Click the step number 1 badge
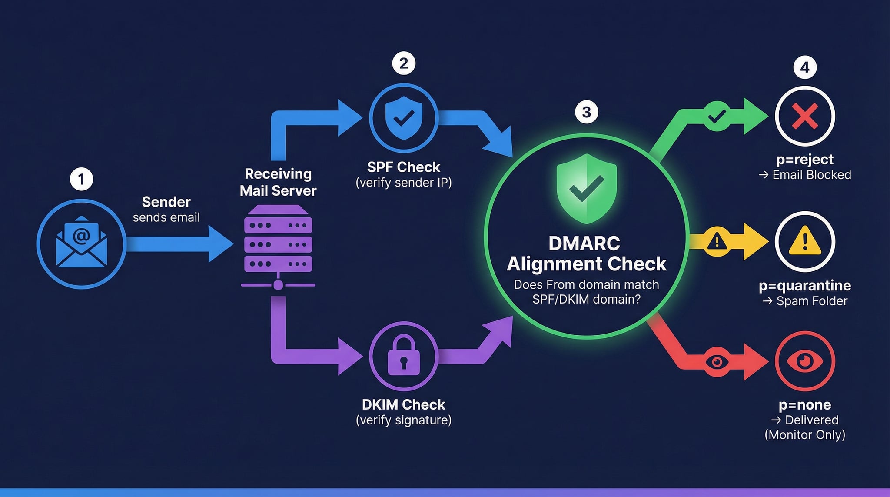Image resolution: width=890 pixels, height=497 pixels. coord(81,179)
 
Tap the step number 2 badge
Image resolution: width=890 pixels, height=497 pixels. coord(404,63)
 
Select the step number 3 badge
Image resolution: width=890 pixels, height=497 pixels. coord(586,112)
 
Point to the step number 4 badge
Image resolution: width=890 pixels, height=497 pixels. coord(805,67)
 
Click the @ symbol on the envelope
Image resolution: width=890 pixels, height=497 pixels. coord(81,236)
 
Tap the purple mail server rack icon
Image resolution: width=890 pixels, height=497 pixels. coord(278,239)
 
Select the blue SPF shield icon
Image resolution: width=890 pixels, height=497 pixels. coord(404,118)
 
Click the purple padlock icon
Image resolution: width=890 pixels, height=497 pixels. coord(404,355)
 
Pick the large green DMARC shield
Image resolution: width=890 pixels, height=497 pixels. coord(586,188)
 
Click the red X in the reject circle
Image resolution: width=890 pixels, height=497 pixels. coord(805,116)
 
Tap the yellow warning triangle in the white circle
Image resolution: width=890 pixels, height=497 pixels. coord(805,241)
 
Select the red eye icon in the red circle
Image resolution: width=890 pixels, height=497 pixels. coord(805,361)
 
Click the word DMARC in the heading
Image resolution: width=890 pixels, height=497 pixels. coord(584,243)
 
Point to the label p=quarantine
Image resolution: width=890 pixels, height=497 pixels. coord(804,286)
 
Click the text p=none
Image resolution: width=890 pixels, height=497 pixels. coord(804,405)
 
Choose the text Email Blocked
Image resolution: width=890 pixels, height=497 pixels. coord(811,175)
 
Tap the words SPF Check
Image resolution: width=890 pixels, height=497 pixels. coord(403,167)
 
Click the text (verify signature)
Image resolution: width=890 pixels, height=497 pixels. coord(403,420)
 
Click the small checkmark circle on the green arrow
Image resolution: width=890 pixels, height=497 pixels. coord(717,116)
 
